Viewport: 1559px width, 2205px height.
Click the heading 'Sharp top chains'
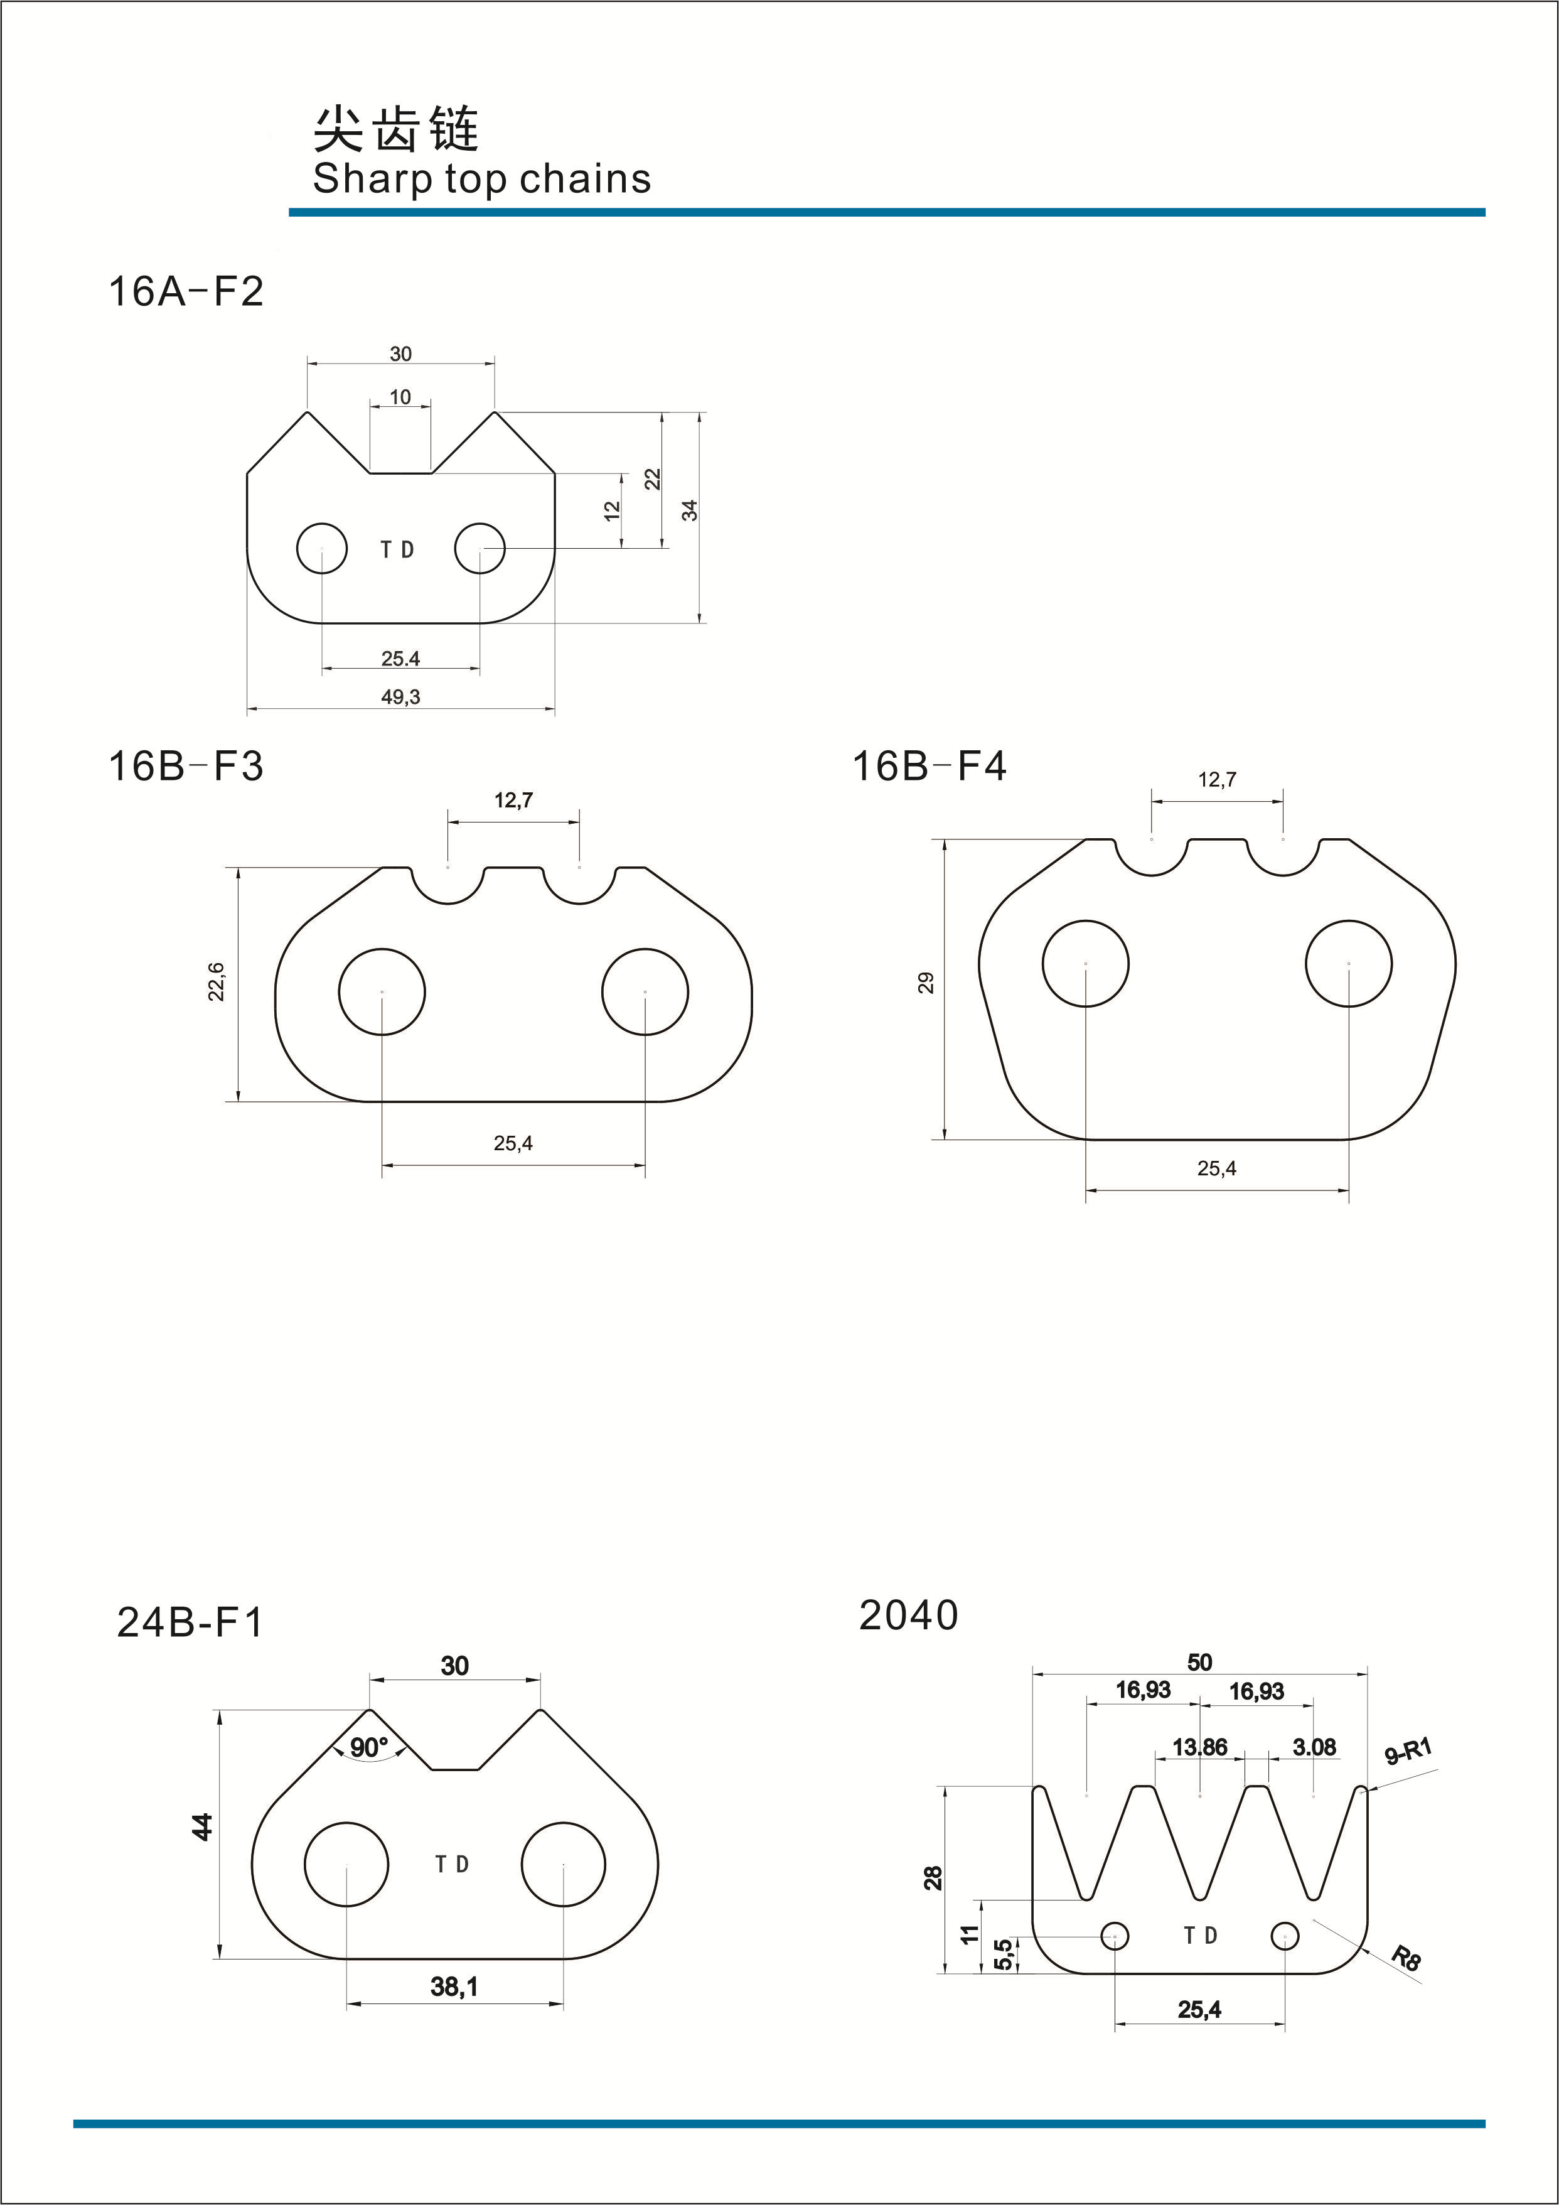coord(482,180)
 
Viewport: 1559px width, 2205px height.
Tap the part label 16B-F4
coord(930,767)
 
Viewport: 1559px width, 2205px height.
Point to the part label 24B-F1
coord(190,1622)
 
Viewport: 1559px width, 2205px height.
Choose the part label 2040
coord(908,1615)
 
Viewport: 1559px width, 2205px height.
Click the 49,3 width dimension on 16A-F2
coord(400,698)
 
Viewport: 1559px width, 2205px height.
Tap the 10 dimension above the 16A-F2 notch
coord(400,397)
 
